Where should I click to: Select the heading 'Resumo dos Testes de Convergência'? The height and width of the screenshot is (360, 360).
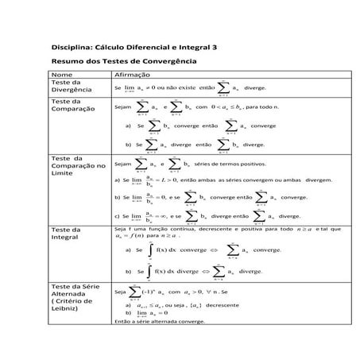click(123, 61)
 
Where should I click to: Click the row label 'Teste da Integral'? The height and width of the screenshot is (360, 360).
click(67, 234)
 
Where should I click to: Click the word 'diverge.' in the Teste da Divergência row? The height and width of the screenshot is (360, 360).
click(255, 88)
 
